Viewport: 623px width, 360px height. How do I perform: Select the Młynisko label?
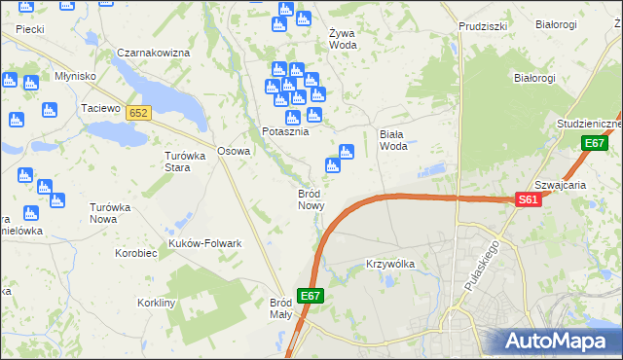tap(75, 76)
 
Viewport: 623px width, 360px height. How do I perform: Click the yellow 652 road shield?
tap(138, 114)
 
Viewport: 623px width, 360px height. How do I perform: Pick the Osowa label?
tap(234, 151)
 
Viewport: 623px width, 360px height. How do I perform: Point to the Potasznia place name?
tap(285, 131)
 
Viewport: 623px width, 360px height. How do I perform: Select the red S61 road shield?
tap(528, 199)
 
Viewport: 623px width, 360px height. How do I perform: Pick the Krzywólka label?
tap(390, 264)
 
